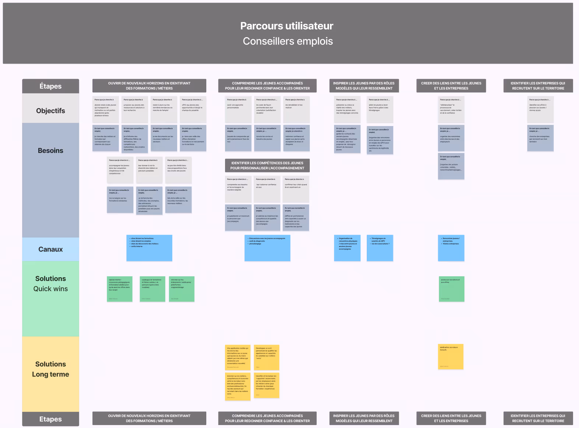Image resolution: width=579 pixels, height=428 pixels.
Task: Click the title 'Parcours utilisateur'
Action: (x=287, y=26)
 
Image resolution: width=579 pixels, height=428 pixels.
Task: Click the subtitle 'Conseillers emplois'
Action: (x=288, y=41)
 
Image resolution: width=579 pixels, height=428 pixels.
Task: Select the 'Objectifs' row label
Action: (x=50, y=111)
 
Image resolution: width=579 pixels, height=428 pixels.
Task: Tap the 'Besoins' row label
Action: (x=50, y=150)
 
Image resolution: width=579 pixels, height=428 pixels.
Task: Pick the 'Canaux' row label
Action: (x=50, y=249)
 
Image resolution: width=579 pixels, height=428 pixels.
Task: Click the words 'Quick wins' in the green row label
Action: (x=50, y=289)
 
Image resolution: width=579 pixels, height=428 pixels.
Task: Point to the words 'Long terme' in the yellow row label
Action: (x=50, y=374)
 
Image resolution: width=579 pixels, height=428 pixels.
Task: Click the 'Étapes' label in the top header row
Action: (x=50, y=86)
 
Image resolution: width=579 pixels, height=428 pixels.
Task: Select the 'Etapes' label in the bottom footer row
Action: (x=50, y=419)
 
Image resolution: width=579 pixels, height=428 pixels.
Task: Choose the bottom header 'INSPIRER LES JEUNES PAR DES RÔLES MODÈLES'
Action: (x=364, y=418)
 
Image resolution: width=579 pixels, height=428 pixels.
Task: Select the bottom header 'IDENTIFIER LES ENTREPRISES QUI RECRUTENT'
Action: (x=538, y=418)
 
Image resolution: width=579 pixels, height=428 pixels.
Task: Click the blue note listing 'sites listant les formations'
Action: (x=149, y=248)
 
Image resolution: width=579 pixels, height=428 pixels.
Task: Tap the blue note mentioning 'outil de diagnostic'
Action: (x=267, y=248)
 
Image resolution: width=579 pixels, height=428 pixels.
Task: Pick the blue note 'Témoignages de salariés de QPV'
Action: (x=380, y=248)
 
